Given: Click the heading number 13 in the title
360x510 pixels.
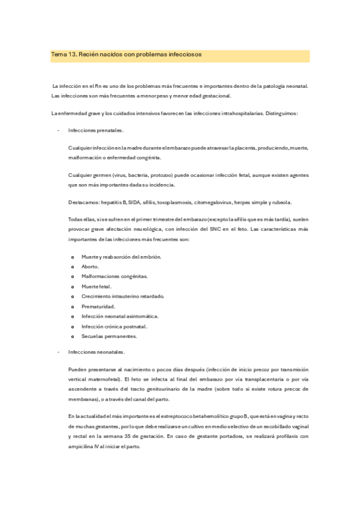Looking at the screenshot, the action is [x=73, y=55].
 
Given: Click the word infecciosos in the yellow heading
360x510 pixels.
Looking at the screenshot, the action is [x=182, y=55].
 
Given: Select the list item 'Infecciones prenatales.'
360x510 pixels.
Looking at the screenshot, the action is [x=96, y=130].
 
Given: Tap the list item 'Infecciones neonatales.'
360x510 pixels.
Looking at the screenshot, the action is [x=97, y=352].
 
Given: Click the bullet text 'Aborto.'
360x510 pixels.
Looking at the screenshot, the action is [x=91, y=266].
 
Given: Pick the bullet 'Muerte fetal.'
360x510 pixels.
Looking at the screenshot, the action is [x=96, y=286].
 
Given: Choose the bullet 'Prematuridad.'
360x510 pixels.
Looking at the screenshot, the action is [x=98, y=306].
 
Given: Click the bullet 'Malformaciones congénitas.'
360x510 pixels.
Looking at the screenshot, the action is [x=114, y=276].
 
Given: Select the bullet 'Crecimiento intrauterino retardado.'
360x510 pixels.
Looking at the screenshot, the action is [x=123, y=296].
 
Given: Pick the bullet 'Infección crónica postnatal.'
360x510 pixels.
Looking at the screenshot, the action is [x=114, y=327].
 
